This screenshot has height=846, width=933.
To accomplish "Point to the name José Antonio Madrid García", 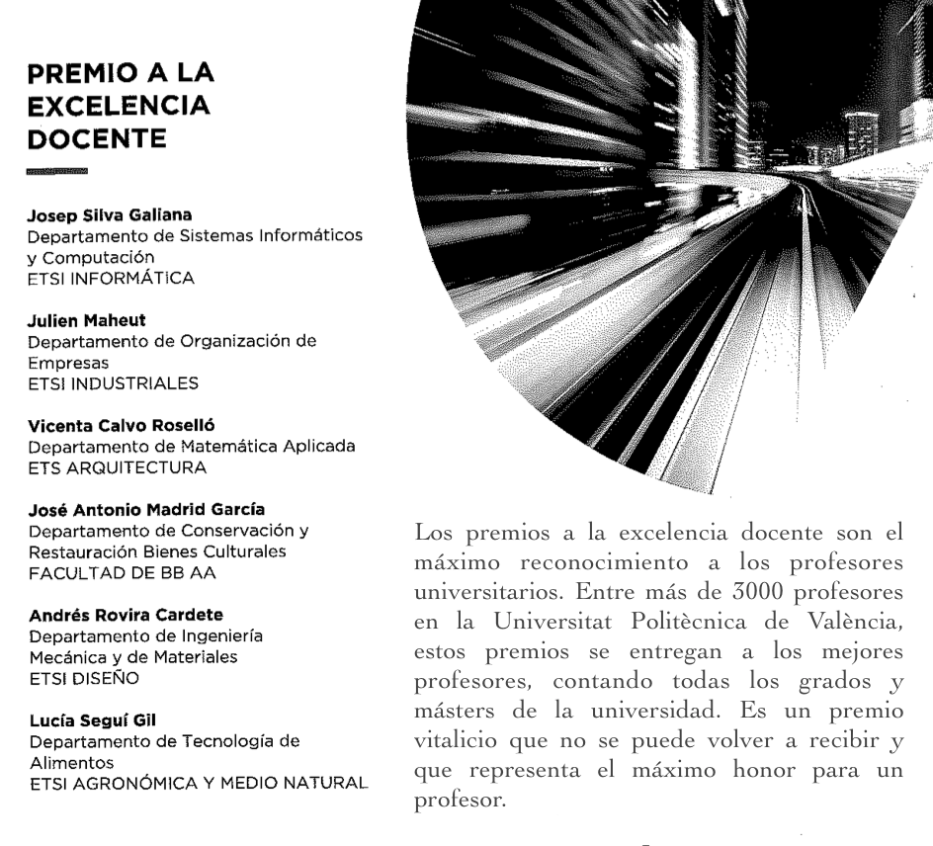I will point(132,487).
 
